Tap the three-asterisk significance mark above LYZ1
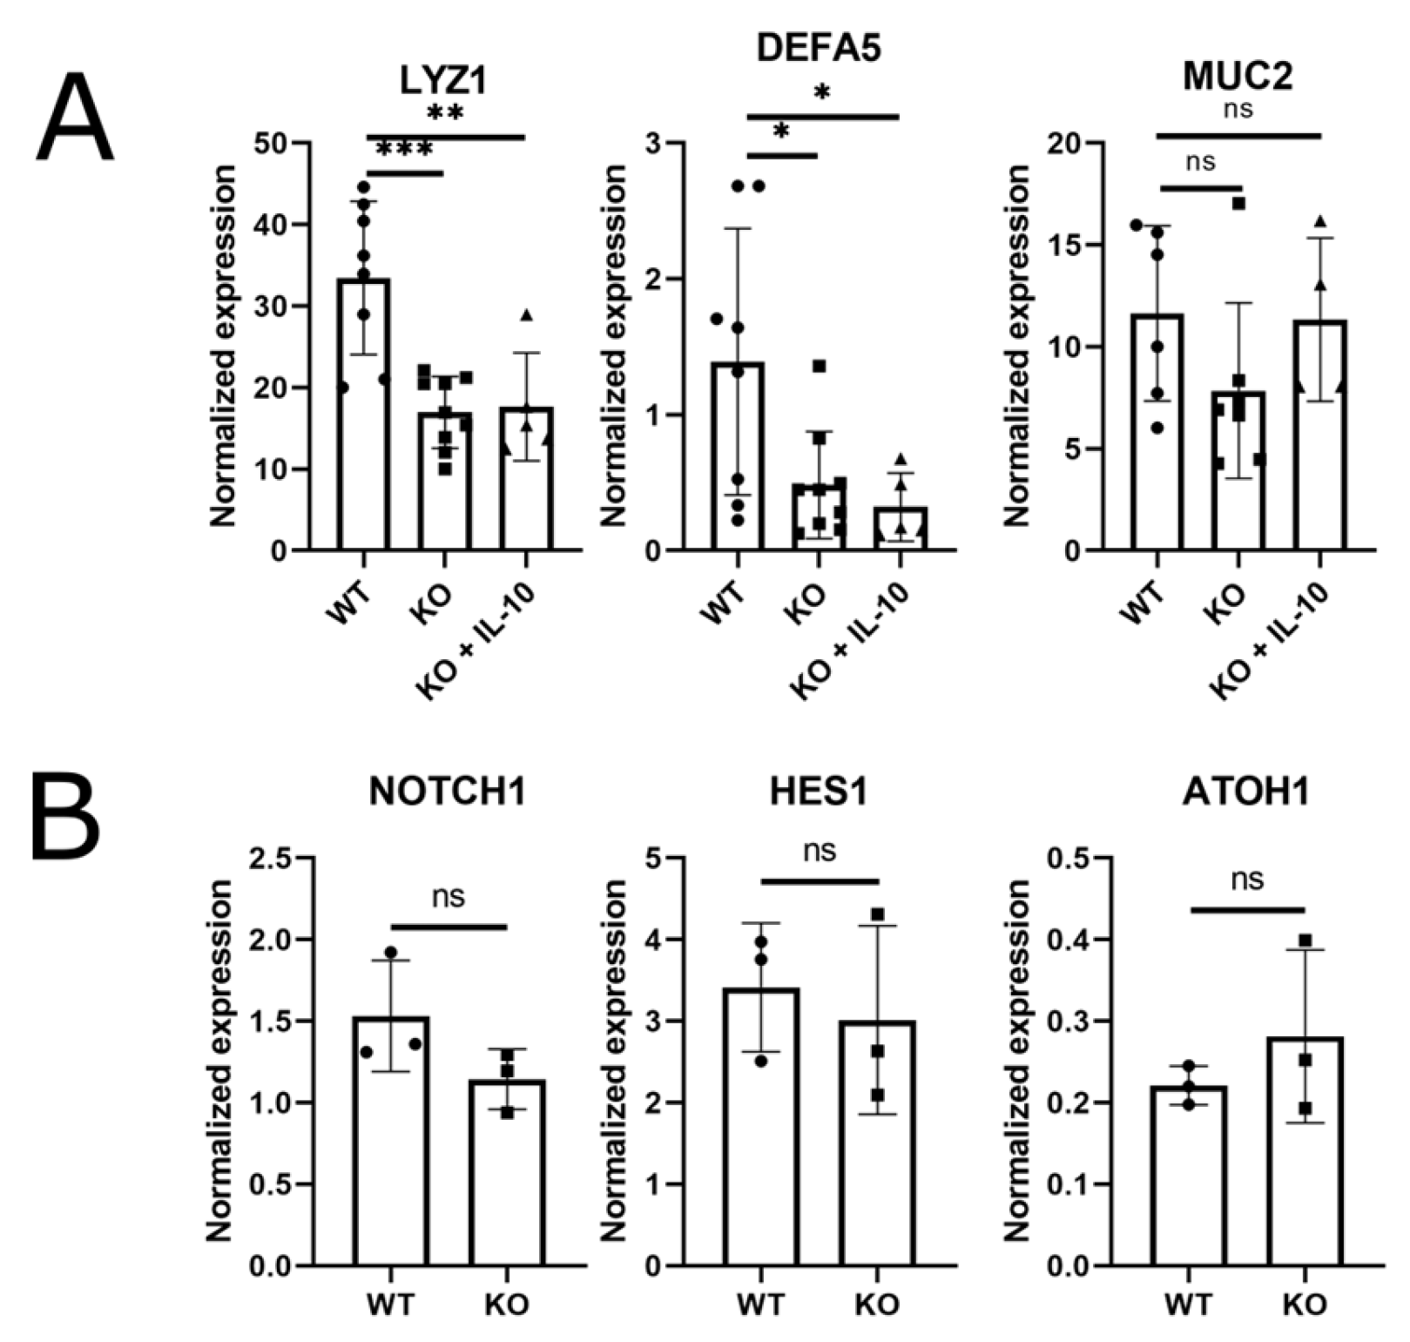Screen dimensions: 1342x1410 405,150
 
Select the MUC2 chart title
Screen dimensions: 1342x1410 1237,77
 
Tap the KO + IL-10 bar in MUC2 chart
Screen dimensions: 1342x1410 1320,435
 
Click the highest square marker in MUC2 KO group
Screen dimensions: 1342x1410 1238,204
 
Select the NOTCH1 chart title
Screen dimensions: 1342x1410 447,792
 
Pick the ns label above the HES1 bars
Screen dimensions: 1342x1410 820,851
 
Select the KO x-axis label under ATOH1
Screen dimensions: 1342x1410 1304,1305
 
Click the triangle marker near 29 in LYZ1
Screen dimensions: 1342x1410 525,315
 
